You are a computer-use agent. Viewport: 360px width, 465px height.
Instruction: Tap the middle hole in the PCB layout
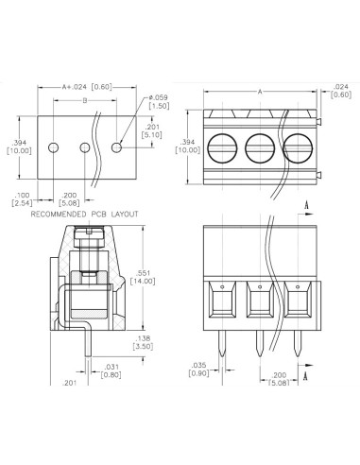[86, 148]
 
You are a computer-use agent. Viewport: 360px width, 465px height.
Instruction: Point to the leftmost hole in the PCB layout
[55, 148]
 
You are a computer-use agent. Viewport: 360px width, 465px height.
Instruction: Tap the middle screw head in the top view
[260, 147]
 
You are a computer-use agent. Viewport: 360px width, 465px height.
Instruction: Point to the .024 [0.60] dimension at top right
[339, 91]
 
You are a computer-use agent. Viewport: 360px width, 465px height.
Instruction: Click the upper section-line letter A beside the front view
[309, 204]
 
